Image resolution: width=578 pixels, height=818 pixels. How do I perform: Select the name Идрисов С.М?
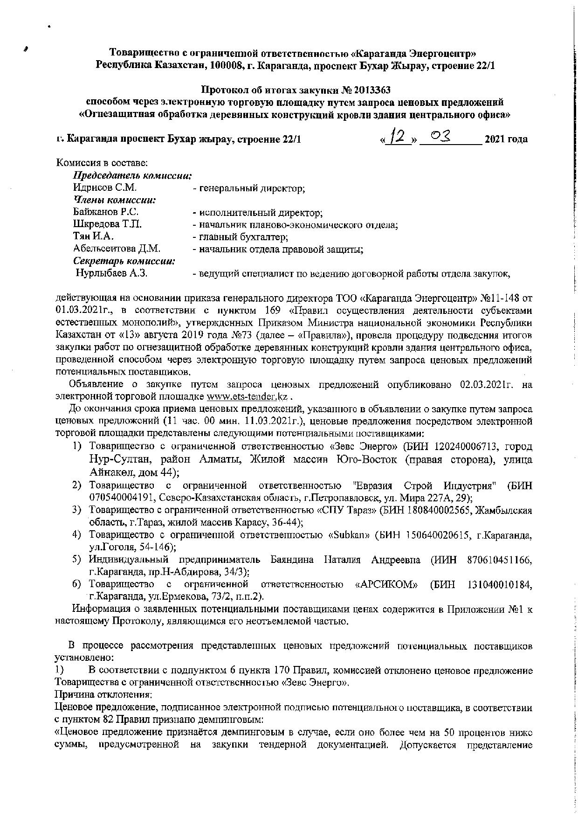tap(105, 188)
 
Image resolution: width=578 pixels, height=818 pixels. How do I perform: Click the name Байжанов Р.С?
tap(106, 213)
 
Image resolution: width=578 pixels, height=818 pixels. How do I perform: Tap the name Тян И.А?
tap(94, 237)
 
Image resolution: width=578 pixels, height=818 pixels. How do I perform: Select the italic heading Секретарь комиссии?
tap(124, 261)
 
